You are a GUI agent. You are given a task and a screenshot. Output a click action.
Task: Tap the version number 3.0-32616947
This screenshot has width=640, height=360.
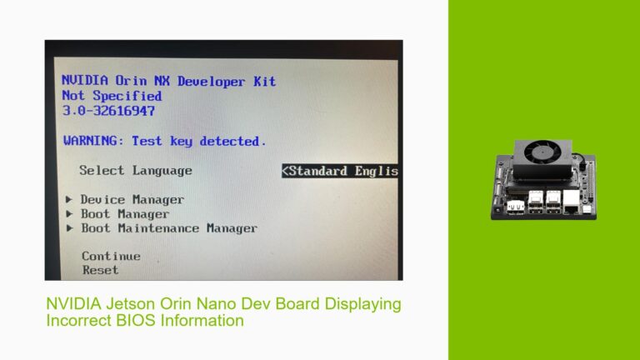coord(108,110)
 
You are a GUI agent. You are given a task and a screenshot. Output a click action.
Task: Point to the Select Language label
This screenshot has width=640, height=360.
coord(136,170)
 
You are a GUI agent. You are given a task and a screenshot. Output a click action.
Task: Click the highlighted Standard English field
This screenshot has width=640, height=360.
coord(340,171)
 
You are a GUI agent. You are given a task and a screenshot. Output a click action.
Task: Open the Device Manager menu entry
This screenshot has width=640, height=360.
coord(132,200)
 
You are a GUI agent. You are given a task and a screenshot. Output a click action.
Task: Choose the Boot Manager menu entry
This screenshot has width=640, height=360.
coord(124,214)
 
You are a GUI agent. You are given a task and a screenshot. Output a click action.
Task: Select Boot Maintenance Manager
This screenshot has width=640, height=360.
coord(168,228)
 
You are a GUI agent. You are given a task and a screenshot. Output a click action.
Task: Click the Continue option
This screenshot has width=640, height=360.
coord(111,256)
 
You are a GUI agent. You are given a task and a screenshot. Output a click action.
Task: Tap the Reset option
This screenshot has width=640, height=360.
coord(100,270)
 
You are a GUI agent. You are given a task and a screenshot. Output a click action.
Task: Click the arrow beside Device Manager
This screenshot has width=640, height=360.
coord(69,200)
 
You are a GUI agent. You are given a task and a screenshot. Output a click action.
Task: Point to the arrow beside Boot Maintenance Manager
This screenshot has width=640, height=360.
coord(69,228)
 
